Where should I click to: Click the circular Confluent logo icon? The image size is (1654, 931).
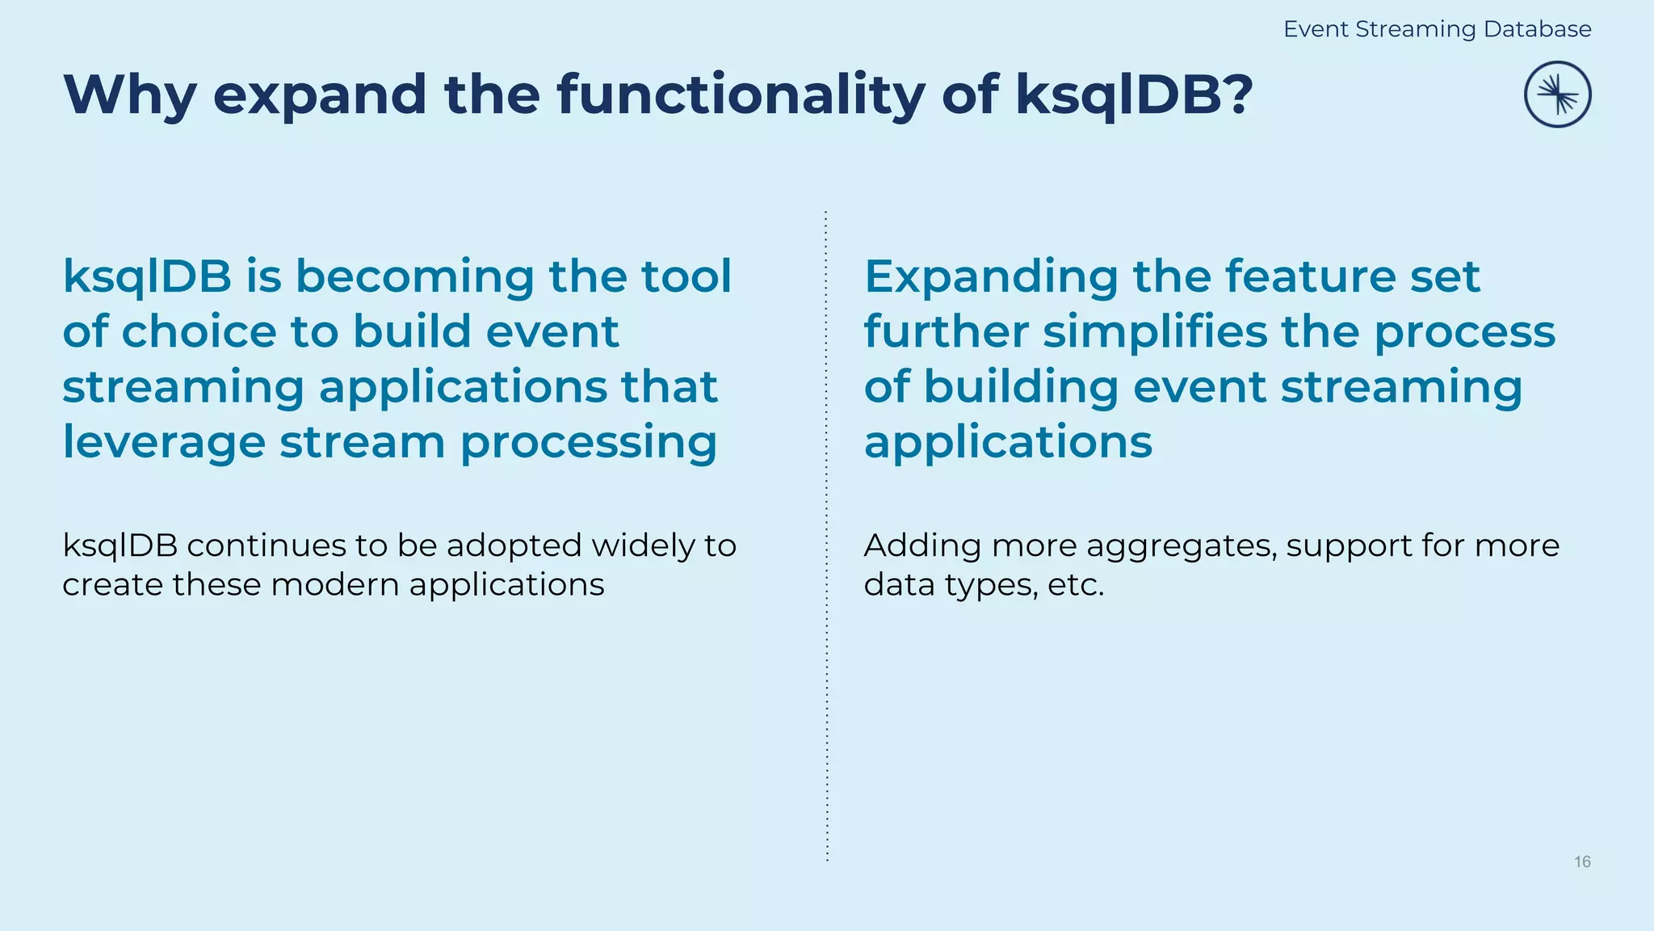pyautogui.click(x=1557, y=95)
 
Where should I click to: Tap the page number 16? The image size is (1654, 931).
pyautogui.click(x=1582, y=861)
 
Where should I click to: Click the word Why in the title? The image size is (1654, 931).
pyautogui.click(x=129, y=95)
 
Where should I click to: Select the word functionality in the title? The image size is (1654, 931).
pyautogui.click(x=741, y=95)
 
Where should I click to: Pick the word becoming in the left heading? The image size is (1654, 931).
pyautogui.click(x=414, y=276)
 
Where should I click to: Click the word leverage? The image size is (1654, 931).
pyautogui.click(x=164, y=443)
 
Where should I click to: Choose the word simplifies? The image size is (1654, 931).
pyautogui.click(x=1155, y=331)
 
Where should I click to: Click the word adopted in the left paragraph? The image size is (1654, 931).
pyautogui.click(x=514, y=546)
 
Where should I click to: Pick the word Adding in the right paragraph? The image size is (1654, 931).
pyautogui.click(x=922, y=546)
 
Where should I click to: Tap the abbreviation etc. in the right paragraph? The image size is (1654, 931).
pyautogui.click(x=1075, y=584)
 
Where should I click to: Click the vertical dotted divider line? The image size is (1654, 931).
pyautogui.click(x=826, y=647)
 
